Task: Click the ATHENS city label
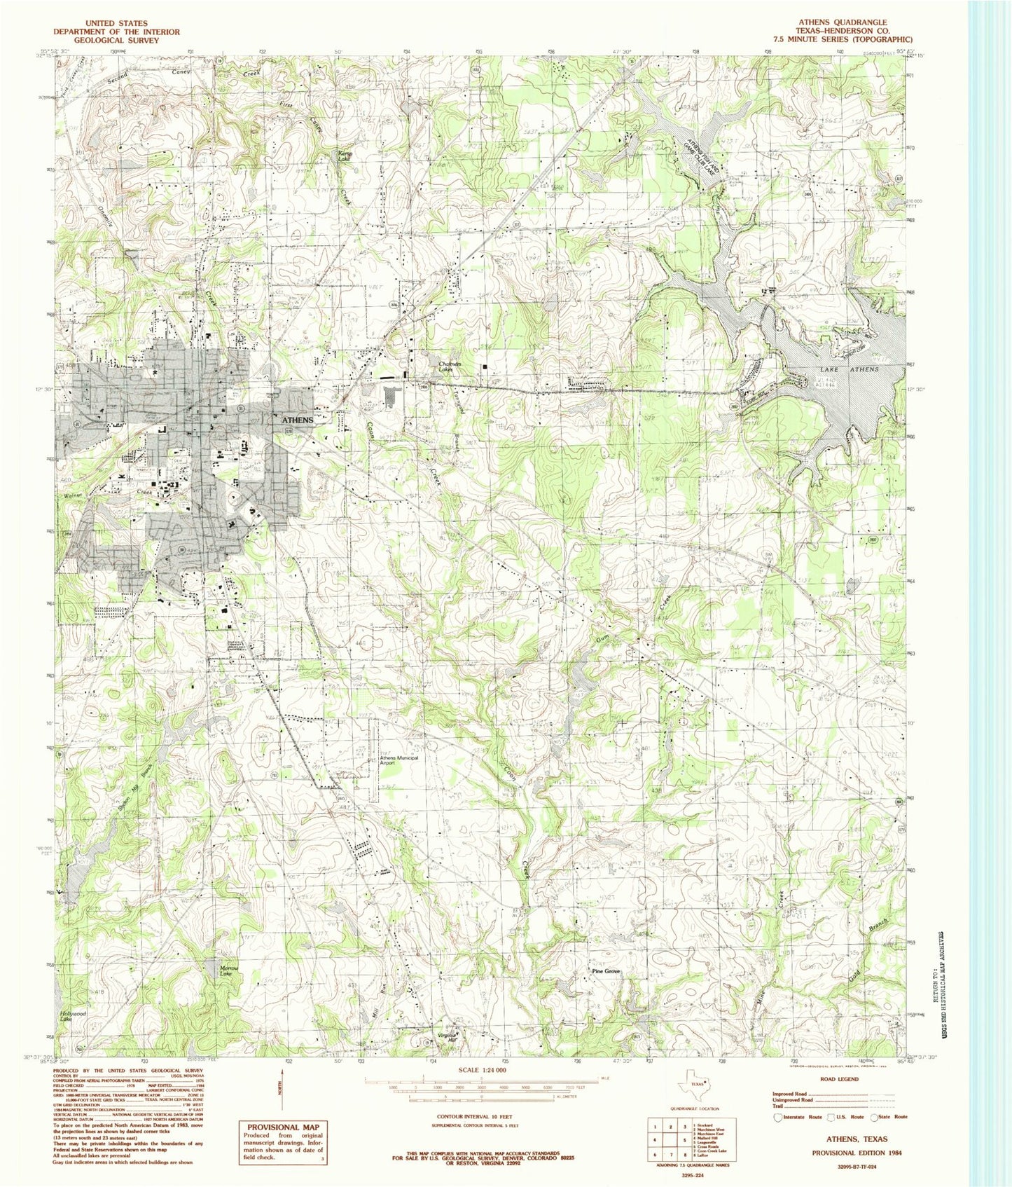297,420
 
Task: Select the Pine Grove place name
606,971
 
